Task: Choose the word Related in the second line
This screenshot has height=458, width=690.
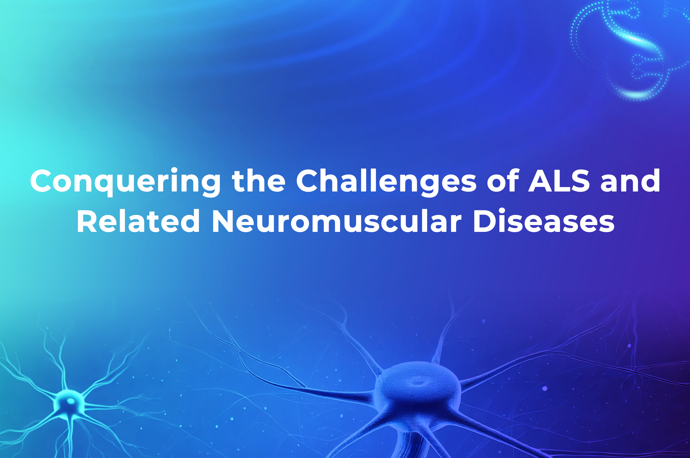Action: pos(138,221)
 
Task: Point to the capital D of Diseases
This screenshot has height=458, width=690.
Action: pos(486,221)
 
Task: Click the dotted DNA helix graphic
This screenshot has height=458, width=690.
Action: pos(631,50)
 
